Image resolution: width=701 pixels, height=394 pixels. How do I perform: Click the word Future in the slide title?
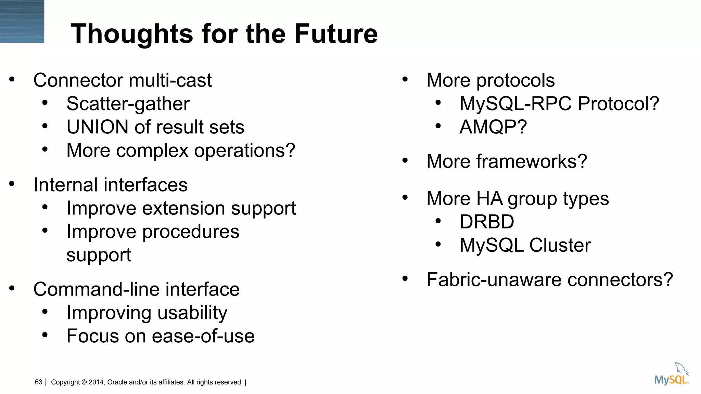click(336, 34)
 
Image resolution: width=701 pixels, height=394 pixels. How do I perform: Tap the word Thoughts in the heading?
click(132, 34)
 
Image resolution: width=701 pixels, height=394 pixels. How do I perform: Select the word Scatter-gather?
click(128, 104)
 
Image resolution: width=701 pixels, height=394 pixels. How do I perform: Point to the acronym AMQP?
click(493, 127)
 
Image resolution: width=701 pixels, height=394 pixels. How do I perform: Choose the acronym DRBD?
click(486, 222)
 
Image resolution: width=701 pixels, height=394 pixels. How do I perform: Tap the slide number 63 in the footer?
click(38, 382)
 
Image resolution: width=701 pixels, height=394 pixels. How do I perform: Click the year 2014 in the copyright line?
click(96, 382)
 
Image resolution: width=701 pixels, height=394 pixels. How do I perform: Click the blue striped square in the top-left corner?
click(22, 21)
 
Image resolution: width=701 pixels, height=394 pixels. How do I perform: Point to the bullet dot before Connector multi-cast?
click(12, 80)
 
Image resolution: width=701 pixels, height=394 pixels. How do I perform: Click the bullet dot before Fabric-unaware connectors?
click(405, 279)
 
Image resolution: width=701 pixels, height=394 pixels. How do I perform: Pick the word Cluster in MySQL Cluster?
click(560, 245)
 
